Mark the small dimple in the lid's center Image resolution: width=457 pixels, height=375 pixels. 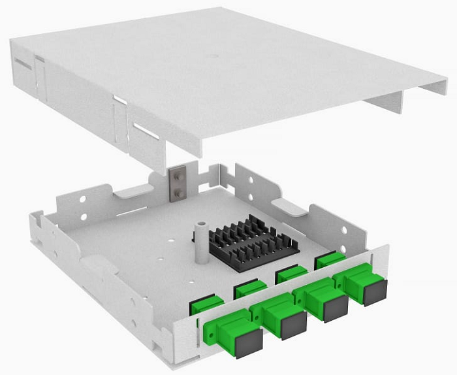point(213,57)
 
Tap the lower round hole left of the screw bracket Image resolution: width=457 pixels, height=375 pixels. point(84,216)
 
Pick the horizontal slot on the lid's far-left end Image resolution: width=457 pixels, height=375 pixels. point(22,65)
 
